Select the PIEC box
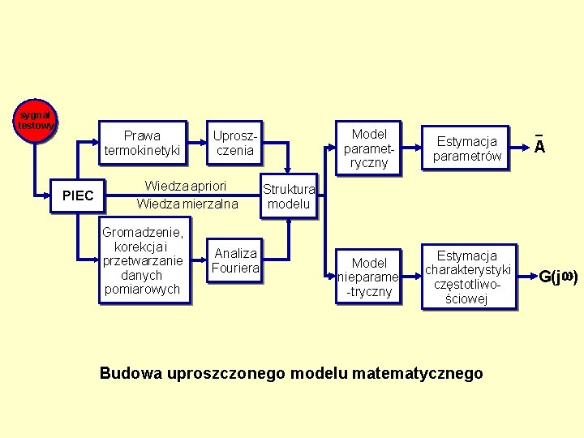[78, 195]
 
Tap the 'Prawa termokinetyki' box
[142, 143]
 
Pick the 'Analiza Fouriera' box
[234, 260]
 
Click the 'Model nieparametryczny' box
[369, 277]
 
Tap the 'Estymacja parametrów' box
[466, 148]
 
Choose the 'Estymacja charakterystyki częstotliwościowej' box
[466, 277]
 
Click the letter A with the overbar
[539, 146]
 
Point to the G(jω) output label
[558, 277]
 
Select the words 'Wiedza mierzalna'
[187, 204]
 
